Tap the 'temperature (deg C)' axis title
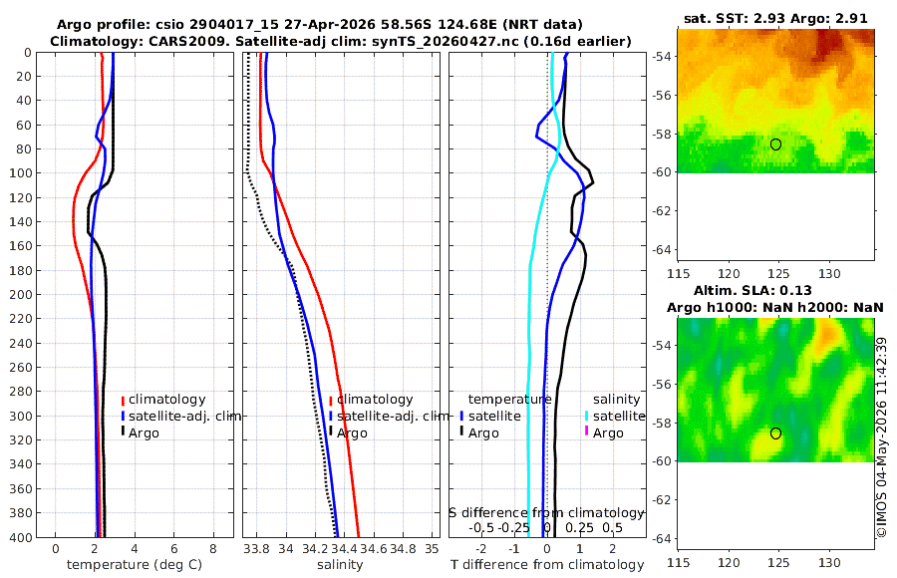click(135, 565)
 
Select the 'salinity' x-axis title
click(341, 565)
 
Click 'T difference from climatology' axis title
click(547, 565)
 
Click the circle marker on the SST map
click(775, 144)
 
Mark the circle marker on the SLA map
click(775, 433)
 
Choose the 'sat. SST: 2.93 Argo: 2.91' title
click(775, 18)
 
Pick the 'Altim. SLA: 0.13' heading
click(752, 290)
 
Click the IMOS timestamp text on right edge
click(882, 437)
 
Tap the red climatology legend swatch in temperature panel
click(123, 401)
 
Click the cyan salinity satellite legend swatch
click(586, 416)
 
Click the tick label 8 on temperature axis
click(213, 549)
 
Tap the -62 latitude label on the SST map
click(662, 211)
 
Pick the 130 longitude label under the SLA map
click(829, 562)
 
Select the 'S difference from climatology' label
click(546, 513)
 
